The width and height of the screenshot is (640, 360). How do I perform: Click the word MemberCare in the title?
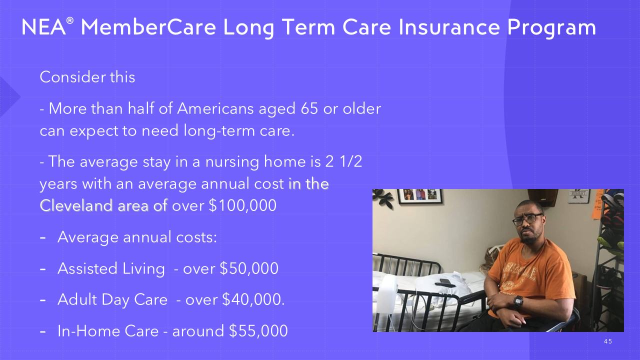point(148,27)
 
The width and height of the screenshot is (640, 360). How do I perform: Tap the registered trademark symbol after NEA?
point(69,21)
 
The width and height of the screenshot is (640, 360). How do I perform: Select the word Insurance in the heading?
point(449,27)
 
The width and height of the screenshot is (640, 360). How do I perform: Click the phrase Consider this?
point(87,77)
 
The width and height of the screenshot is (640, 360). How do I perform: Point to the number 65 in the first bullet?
point(309,108)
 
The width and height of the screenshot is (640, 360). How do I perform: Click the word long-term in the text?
point(219,131)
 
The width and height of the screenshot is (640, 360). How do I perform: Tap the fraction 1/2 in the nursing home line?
point(351,161)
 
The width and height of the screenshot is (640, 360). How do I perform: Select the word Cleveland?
point(75,205)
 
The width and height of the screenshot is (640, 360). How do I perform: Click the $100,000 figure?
point(242,205)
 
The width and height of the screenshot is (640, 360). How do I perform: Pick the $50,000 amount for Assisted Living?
point(249,268)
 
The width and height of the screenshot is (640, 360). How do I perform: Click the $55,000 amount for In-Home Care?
point(258,331)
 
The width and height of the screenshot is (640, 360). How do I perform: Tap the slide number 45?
point(608,341)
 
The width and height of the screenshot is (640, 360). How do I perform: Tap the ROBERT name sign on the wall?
point(578,195)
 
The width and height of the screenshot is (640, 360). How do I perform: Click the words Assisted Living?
point(111,269)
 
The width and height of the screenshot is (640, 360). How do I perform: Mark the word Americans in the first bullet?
point(215,108)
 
